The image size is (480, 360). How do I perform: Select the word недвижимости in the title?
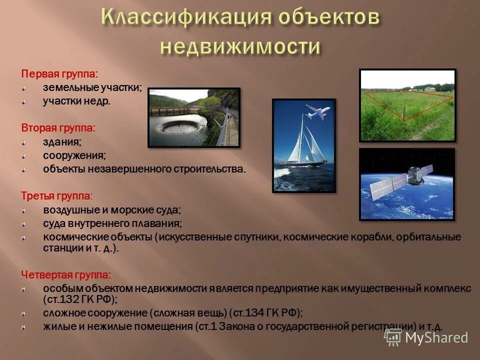pyautogui.click(x=239, y=47)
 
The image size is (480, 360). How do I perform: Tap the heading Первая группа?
pyautogui.click(x=59, y=73)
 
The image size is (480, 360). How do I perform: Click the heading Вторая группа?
pyautogui.click(x=58, y=128)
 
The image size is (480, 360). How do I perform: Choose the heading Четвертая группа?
pyautogui.click(x=66, y=274)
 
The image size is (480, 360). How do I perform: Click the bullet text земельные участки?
pyautogui.click(x=92, y=87)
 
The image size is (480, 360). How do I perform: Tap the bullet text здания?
pyautogui.click(x=62, y=142)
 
